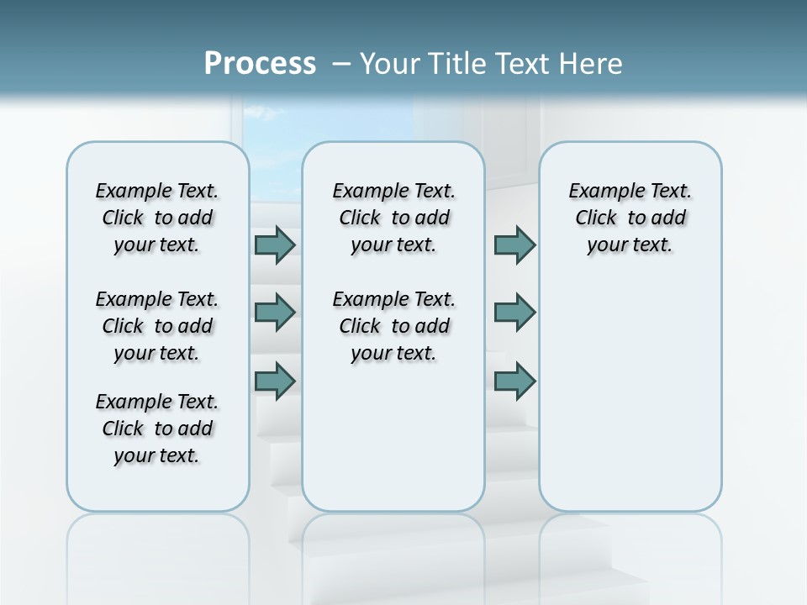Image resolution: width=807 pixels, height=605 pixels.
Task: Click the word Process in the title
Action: pyautogui.click(x=260, y=63)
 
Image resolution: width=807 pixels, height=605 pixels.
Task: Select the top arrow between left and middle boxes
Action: pyautogui.click(x=275, y=245)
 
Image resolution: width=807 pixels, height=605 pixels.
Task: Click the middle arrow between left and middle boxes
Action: pyautogui.click(x=275, y=313)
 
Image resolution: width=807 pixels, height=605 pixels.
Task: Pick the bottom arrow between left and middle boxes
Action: pyautogui.click(x=275, y=381)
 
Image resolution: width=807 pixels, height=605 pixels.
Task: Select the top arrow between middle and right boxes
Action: pyautogui.click(x=514, y=245)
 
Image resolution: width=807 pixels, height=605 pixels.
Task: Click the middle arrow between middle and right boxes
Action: pyautogui.click(x=514, y=313)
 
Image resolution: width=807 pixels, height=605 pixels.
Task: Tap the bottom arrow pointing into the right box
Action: pyautogui.click(x=514, y=381)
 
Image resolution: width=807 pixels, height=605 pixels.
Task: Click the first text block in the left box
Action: pyautogui.click(x=157, y=218)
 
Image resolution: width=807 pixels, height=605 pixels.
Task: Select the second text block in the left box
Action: pyautogui.click(x=157, y=326)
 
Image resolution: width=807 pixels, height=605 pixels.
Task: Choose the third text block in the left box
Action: pyautogui.click(x=157, y=429)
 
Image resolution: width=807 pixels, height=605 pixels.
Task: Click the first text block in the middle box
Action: pyautogui.click(x=393, y=218)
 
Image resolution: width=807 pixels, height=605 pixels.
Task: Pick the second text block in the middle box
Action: pyautogui.click(x=393, y=326)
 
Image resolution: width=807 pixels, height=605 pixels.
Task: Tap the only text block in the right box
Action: pyautogui.click(x=630, y=218)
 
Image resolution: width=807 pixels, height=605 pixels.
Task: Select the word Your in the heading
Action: pyautogui.click(x=388, y=63)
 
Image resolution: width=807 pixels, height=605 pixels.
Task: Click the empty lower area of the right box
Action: pyautogui.click(x=630, y=403)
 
